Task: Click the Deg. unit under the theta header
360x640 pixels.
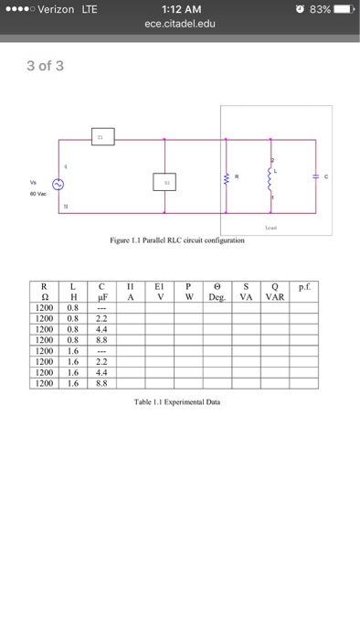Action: [x=217, y=297]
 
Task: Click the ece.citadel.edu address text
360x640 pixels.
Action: [x=179, y=24]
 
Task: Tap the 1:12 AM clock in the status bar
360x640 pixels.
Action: [x=179, y=9]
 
